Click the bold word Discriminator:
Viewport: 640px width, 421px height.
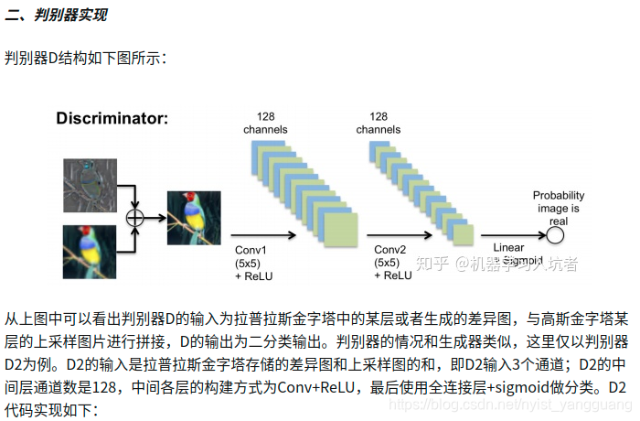click(x=112, y=118)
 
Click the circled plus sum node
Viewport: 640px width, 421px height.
click(x=135, y=217)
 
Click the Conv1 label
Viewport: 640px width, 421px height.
click(x=250, y=251)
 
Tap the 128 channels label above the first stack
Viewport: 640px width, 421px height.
click(x=265, y=123)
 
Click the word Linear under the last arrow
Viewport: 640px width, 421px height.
click(x=508, y=248)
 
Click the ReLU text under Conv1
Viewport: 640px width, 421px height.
click(x=261, y=275)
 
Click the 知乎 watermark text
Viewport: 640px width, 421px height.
click(x=433, y=264)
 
